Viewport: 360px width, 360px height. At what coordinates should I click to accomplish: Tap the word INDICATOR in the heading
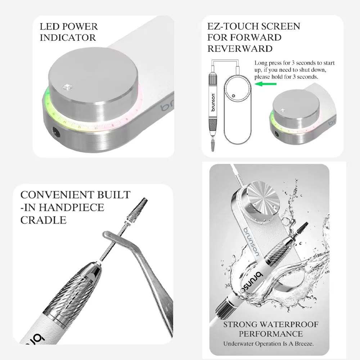pyautogui.click(x=68, y=38)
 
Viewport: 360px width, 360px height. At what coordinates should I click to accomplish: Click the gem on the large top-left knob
pyautogui.click(x=68, y=87)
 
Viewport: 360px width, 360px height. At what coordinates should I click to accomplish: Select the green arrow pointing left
pyautogui.click(x=266, y=84)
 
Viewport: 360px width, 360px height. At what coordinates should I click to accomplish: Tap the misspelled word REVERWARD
pyautogui.click(x=240, y=49)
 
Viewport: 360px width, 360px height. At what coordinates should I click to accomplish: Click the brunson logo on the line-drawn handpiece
pyautogui.click(x=213, y=102)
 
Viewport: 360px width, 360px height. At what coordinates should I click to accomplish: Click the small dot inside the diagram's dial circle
pyautogui.click(x=234, y=95)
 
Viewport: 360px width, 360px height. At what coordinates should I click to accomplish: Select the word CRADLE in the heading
pyautogui.click(x=44, y=220)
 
